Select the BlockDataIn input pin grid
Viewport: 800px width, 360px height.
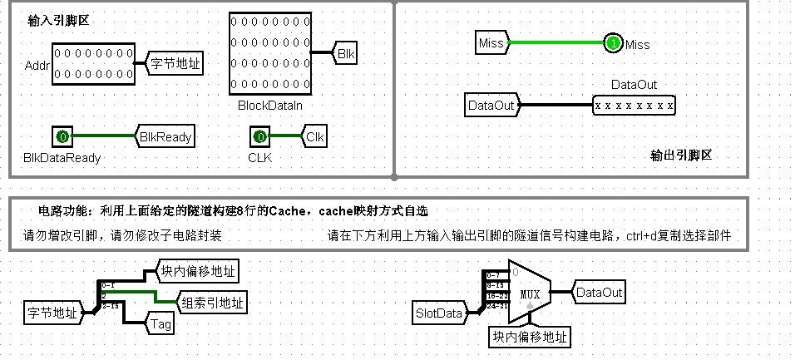coord(269,53)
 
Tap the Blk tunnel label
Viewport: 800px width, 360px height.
coord(346,53)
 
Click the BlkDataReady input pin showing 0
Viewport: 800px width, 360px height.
coord(62,136)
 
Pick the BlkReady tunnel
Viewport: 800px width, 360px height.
coord(166,136)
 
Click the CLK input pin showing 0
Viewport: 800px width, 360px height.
coord(259,136)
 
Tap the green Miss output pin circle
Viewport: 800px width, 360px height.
coord(613,43)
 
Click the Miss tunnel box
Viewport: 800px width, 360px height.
coord(491,43)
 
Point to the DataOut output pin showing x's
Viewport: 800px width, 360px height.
coord(634,106)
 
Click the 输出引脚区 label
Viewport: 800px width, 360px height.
coord(682,155)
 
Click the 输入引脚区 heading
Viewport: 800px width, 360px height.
coord(58,21)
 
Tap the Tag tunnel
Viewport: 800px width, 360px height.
coord(161,323)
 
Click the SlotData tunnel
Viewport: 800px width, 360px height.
coord(438,313)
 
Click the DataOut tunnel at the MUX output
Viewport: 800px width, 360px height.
coord(598,293)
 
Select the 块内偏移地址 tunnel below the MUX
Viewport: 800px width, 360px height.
coord(529,337)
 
